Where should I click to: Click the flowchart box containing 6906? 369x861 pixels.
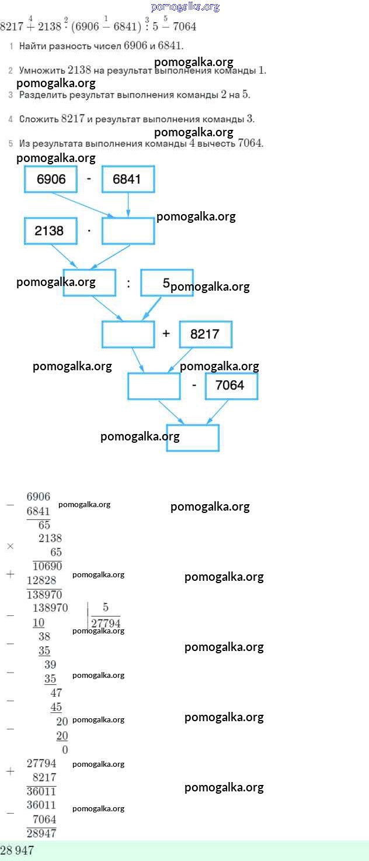(x=51, y=179)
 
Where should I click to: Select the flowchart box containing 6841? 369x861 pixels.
(x=128, y=179)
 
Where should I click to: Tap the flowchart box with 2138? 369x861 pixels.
(x=51, y=230)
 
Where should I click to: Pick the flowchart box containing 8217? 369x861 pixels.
(x=205, y=334)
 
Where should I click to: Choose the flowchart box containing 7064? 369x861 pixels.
(x=231, y=385)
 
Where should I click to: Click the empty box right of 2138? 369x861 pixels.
(x=128, y=230)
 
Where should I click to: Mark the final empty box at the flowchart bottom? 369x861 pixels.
(x=193, y=438)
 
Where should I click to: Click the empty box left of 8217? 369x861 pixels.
(x=128, y=334)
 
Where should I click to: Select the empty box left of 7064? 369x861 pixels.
(x=154, y=385)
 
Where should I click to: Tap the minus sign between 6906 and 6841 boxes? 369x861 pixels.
(x=89, y=178)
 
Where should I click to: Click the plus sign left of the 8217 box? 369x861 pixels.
(x=166, y=333)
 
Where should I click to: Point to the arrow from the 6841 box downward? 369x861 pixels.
(x=128, y=205)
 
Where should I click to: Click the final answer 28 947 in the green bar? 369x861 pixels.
(x=18, y=850)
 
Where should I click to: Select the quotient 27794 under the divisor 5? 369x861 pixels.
(x=106, y=623)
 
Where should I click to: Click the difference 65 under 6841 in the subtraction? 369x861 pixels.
(x=44, y=525)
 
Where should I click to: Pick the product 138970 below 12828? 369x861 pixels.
(x=44, y=594)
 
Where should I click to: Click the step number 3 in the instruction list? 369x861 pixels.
(x=11, y=95)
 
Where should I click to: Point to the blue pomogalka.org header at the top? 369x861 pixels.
(x=185, y=7)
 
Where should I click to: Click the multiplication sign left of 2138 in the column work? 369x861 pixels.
(x=10, y=546)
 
